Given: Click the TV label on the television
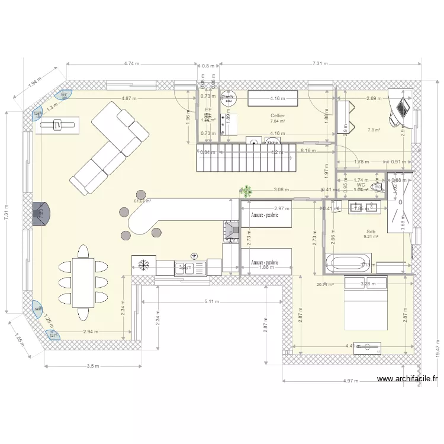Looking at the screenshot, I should point(57,124).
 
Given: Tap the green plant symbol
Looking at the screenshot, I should point(245,191).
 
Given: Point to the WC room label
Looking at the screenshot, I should point(361,185).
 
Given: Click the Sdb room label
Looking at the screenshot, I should point(371,231).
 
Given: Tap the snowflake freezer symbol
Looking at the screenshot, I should point(143,265).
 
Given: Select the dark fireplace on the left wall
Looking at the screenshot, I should point(41,211).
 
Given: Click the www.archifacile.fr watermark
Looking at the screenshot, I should point(407,379).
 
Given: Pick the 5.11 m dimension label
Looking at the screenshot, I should point(211,301).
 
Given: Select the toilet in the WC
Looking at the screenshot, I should point(375,187).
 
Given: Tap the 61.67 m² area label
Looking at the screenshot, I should point(142,201).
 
